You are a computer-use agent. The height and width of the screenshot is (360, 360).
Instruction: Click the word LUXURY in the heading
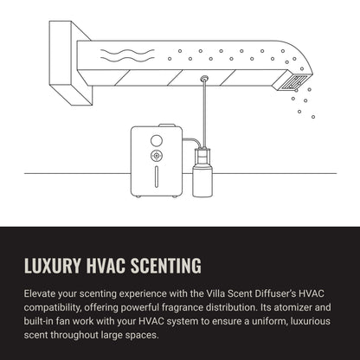(x=52, y=266)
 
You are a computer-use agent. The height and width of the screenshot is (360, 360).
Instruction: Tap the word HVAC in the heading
(x=106, y=266)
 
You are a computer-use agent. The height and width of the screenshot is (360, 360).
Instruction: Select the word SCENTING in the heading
(x=166, y=266)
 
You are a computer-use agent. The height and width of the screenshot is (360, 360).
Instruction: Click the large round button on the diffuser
(x=157, y=140)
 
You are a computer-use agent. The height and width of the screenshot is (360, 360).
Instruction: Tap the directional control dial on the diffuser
(x=157, y=156)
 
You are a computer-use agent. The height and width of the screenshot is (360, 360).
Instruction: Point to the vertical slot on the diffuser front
(x=157, y=177)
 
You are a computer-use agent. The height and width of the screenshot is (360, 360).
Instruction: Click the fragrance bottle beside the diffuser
(x=202, y=172)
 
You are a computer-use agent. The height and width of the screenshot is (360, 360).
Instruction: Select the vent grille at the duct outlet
(x=292, y=82)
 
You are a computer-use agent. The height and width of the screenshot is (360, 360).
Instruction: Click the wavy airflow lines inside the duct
(x=127, y=55)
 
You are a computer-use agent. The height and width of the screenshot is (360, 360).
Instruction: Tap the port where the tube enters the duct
(x=204, y=78)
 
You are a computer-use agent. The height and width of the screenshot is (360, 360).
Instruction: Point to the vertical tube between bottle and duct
(x=204, y=113)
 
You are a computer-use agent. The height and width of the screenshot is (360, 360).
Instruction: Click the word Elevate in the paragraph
(x=39, y=293)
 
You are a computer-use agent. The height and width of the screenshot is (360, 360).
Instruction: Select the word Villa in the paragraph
(x=215, y=293)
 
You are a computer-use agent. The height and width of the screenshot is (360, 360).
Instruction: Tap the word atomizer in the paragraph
(x=292, y=307)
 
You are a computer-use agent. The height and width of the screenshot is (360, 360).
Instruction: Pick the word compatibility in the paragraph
(x=53, y=308)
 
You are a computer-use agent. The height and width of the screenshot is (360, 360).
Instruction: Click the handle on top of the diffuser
(x=167, y=125)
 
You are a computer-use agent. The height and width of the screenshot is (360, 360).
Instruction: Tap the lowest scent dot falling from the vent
(x=313, y=117)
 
